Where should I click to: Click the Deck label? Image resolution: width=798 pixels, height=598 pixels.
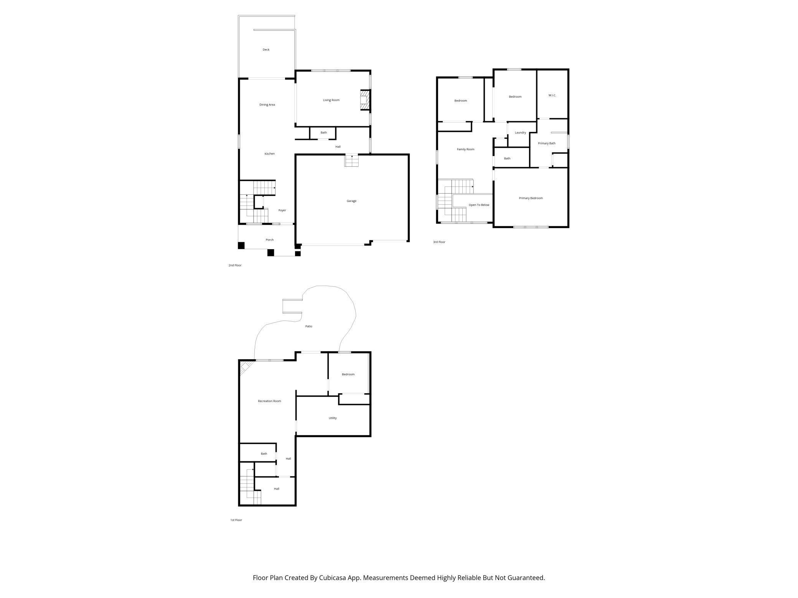coord(266,50)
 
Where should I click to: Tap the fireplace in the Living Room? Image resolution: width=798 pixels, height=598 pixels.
coord(365,100)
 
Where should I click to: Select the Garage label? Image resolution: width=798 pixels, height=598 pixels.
coord(351,201)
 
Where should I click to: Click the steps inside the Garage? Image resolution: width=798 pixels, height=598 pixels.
coord(351,161)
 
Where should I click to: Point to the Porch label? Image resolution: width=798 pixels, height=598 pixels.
coord(270,240)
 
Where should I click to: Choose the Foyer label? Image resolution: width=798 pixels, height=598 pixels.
coord(282,210)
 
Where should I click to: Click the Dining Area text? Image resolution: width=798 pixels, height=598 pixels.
coord(267,105)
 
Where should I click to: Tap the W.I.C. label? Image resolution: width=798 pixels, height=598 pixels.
coord(552,95)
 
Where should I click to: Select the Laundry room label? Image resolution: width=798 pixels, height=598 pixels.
coord(520,133)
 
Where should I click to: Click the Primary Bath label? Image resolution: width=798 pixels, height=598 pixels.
coord(546,143)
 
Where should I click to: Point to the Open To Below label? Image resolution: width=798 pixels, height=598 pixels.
coord(479,205)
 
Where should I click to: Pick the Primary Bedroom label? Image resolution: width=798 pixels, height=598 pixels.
coord(531,198)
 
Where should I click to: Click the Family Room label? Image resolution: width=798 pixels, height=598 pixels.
coord(465,149)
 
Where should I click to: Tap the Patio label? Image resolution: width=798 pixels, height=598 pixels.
coord(308,327)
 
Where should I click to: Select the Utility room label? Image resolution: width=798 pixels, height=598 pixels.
coord(333,418)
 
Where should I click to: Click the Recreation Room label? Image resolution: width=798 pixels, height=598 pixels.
coord(269,401)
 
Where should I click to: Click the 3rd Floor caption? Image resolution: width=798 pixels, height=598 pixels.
coord(439,242)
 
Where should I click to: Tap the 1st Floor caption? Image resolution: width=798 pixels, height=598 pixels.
coord(236,520)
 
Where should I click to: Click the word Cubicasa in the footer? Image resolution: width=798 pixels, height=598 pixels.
coord(333,578)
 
